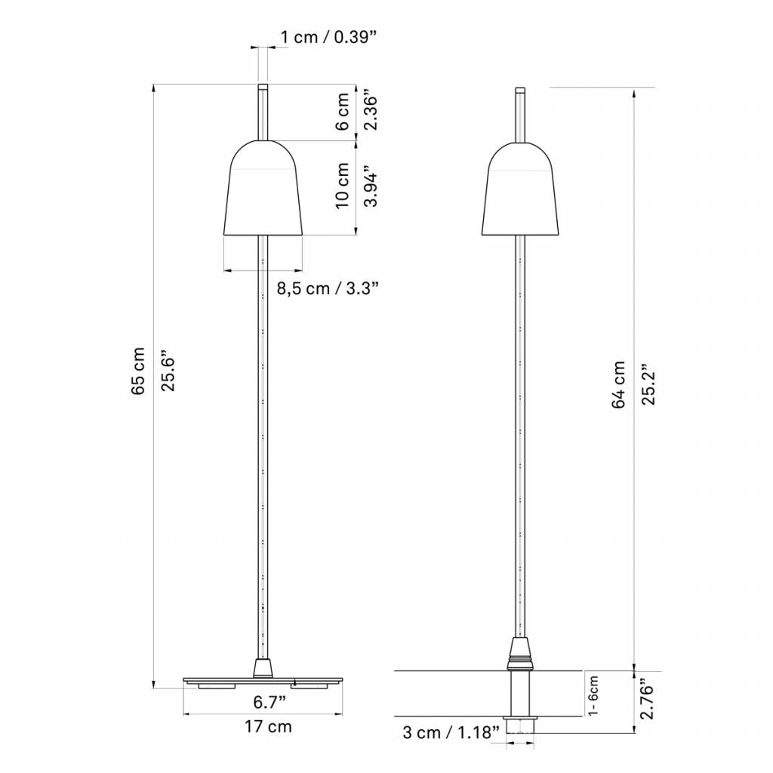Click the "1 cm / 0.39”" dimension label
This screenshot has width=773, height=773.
[331, 38]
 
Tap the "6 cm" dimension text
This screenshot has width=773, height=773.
[342, 112]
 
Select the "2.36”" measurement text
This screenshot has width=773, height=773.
[370, 109]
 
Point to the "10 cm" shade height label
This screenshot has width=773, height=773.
[342, 186]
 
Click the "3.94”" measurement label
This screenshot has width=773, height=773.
[370, 189]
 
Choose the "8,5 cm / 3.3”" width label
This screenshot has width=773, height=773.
[328, 288]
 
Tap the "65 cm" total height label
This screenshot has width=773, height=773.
[138, 371]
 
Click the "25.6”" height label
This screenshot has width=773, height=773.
[168, 371]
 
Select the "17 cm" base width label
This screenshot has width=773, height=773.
[268, 727]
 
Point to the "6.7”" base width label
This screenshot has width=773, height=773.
[269, 702]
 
